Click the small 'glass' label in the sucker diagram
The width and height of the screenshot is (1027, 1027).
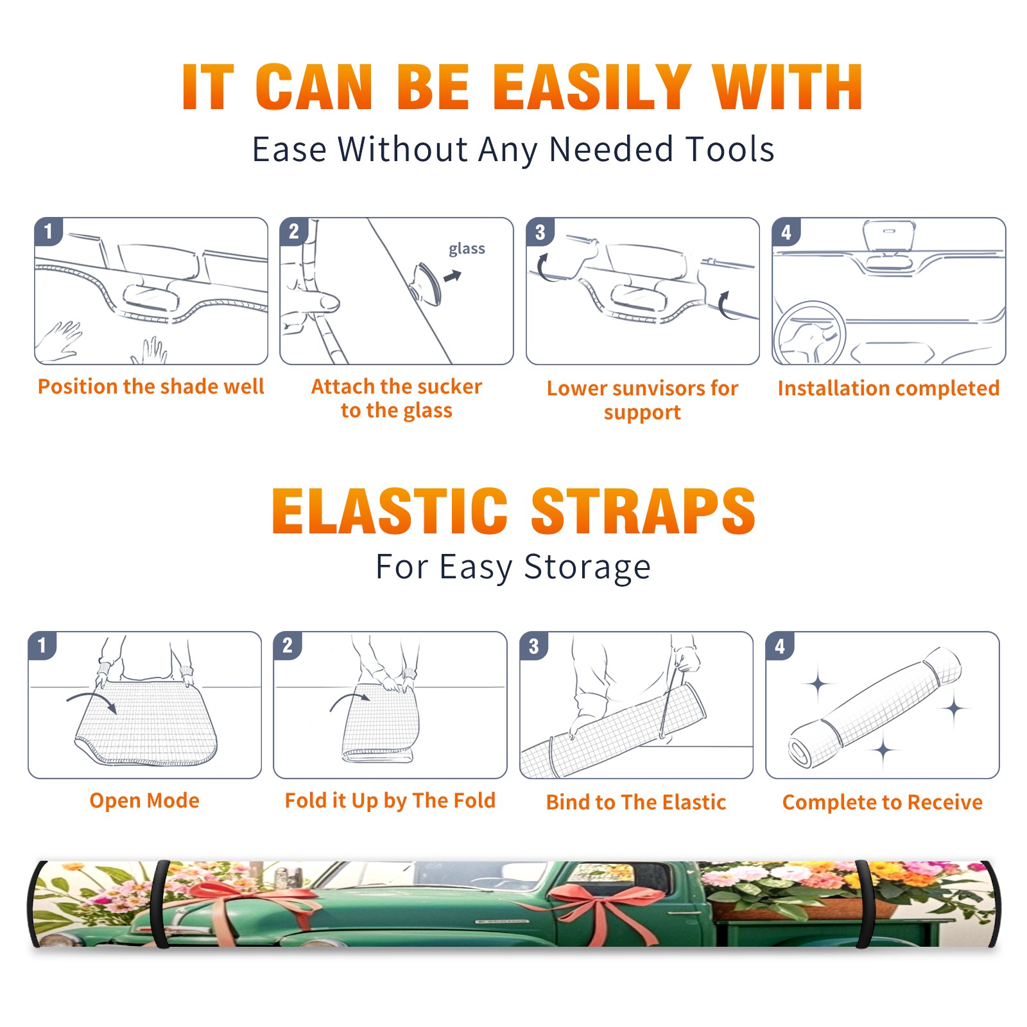pos(467,249)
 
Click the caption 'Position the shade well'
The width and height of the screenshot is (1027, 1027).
pos(151,386)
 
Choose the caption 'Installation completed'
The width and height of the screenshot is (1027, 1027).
pos(888,388)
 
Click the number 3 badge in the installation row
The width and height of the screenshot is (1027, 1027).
pos(540,232)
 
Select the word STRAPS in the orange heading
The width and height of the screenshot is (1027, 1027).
pos(643,511)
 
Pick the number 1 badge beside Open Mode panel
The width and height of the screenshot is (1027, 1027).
pos(42,645)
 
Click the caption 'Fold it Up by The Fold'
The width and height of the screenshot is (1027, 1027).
pos(390,800)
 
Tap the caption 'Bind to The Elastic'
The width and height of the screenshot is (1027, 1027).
pos(636,802)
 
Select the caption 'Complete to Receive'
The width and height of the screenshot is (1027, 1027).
pos(883,802)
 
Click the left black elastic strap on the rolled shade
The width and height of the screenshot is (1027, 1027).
pos(160,904)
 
